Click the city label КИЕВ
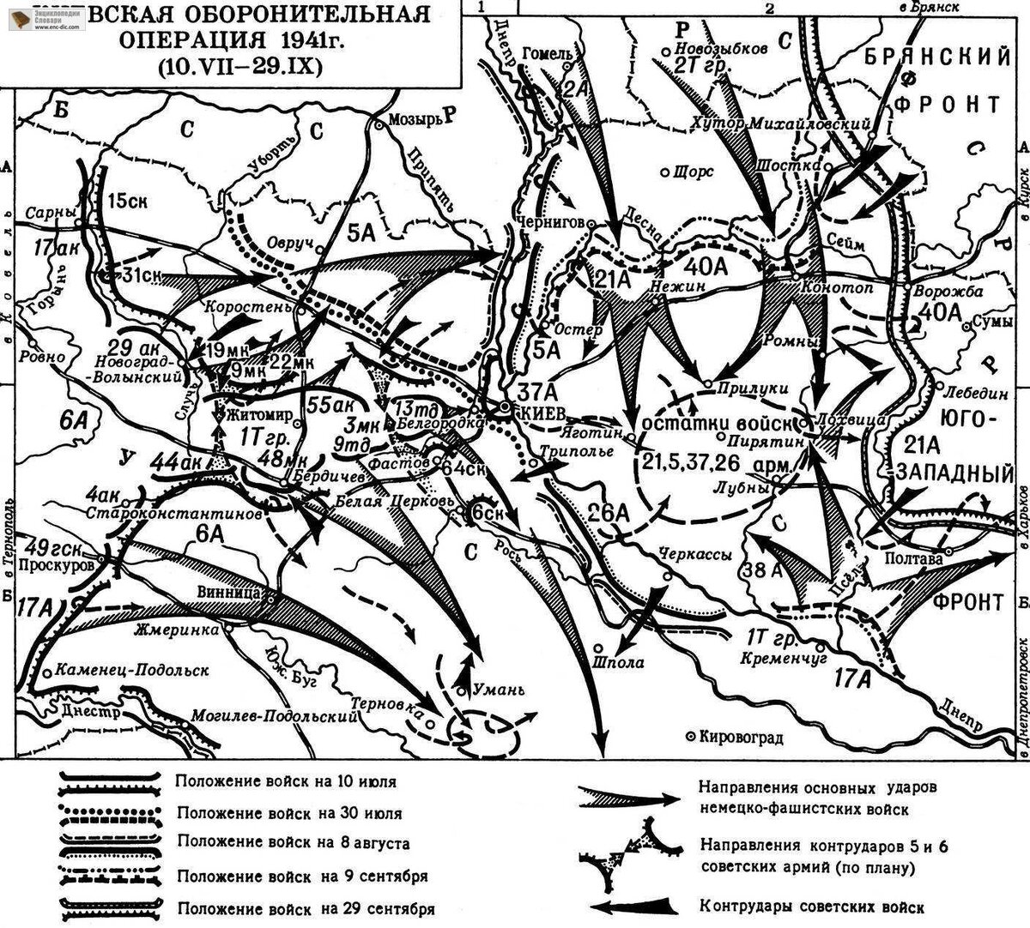point(540,413)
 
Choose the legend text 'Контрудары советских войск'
point(812,907)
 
